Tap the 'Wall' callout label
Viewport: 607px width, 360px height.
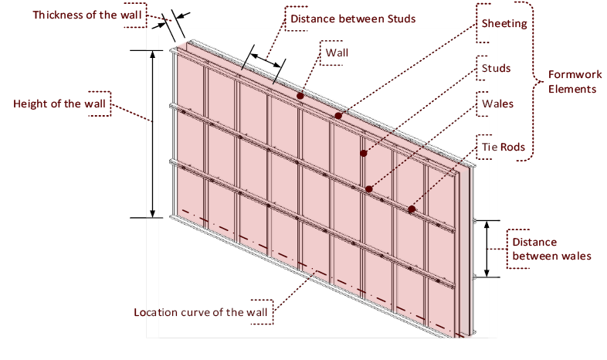[x=337, y=53]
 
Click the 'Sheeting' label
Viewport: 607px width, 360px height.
[x=504, y=23]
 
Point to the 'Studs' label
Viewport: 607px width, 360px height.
[x=496, y=69]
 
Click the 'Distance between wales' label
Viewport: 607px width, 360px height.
[x=552, y=249]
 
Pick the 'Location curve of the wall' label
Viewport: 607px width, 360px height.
[x=201, y=313]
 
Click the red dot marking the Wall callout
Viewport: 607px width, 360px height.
[x=299, y=96]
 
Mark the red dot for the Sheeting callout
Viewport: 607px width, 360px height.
[x=337, y=115]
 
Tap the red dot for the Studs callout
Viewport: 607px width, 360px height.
[x=363, y=153]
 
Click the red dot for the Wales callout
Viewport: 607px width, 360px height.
[x=369, y=188]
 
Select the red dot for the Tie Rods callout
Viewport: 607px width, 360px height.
[x=412, y=209]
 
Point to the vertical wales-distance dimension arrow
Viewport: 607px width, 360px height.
[x=487, y=248]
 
